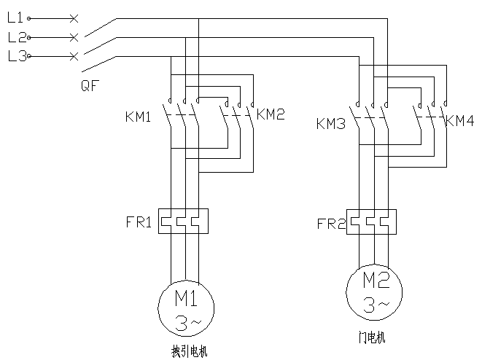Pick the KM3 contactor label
pyautogui.click(x=331, y=123)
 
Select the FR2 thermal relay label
pyautogui.click(x=331, y=222)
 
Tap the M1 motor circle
pyautogui.click(x=185, y=310)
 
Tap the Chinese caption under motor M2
pyautogui.click(x=371, y=338)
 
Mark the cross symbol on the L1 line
pyautogui.click(x=74, y=16)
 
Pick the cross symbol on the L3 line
pyautogui.click(x=74, y=56)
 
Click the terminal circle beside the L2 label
pyautogui.click(x=29, y=36)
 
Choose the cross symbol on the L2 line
pyautogui.click(x=74, y=36)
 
